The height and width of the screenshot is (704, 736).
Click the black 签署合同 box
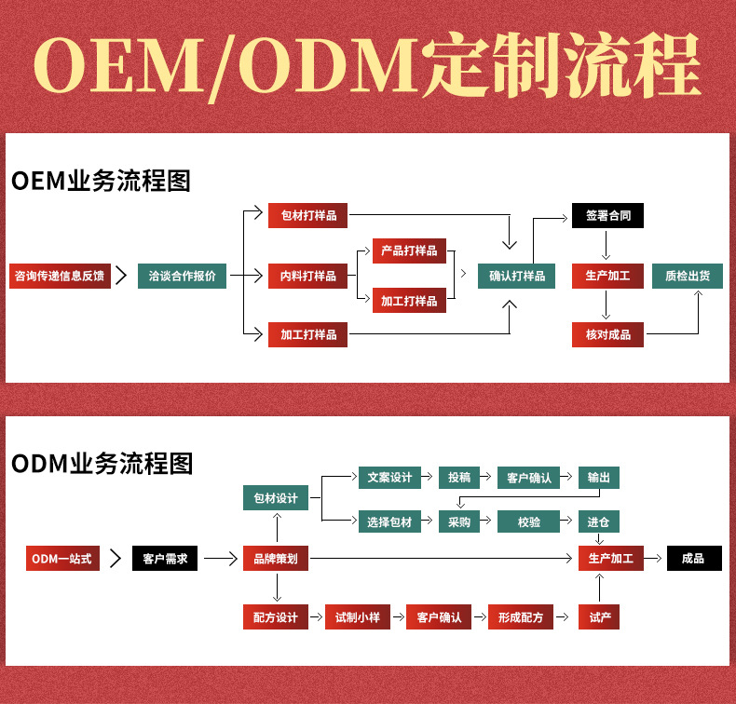point(607,216)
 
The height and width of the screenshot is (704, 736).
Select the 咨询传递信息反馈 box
point(60,276)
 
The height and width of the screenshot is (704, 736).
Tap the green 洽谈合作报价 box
point(182,276)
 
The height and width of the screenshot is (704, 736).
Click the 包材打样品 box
point(308,216)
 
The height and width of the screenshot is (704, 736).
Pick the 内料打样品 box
point(308,276)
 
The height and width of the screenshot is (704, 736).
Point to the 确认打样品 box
point(517,276)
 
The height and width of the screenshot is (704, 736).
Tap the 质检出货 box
point(687,276)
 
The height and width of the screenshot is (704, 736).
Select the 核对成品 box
point(607,334)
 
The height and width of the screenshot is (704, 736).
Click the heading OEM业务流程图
point(101,181)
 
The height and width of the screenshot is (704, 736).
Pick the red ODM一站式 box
point(62,559)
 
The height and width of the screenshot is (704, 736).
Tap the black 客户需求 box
point(165,559)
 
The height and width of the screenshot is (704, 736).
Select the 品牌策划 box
point(276,559)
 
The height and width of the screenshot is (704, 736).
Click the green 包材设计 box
point(276,498)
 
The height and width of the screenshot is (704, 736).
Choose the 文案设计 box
point(389,477)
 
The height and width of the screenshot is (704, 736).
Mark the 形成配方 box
point(521,617)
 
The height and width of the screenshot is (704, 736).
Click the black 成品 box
point(693,559)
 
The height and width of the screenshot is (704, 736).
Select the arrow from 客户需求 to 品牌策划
point(221,559)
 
